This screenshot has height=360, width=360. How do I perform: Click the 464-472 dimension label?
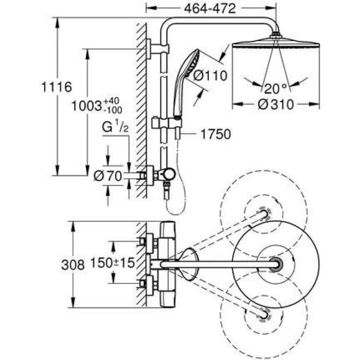point(210,9)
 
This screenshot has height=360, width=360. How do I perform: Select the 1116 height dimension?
point(57,87)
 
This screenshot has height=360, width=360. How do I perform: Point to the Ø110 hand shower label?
point(210,75)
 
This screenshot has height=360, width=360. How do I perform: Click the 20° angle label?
point(275,88)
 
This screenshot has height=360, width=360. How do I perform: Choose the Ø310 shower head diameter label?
point(276,105)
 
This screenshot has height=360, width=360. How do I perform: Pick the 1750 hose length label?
point(216,134)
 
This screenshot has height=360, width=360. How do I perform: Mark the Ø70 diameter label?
point(108,176)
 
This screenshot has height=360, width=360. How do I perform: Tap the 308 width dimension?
point(73,265)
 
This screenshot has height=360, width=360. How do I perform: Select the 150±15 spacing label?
point(112,263)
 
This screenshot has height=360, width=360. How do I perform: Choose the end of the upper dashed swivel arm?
point(265,214)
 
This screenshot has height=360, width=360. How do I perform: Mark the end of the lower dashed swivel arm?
point(265,315)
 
